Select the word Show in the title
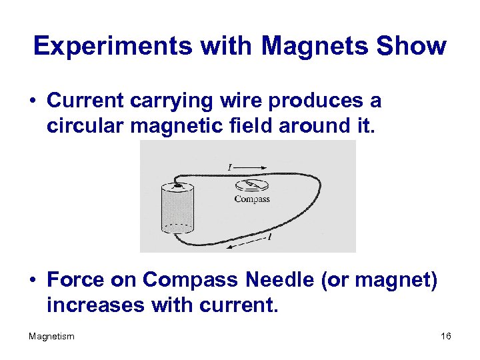(x=411, y=46)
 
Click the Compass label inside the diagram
(x=252, y=199)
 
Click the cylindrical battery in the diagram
(x=177, y=209)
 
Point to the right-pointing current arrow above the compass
(x=251, y=167)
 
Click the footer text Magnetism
(x=51, y=336)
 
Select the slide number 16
(x=445, y=336)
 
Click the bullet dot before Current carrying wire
(x=32, y=101)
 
